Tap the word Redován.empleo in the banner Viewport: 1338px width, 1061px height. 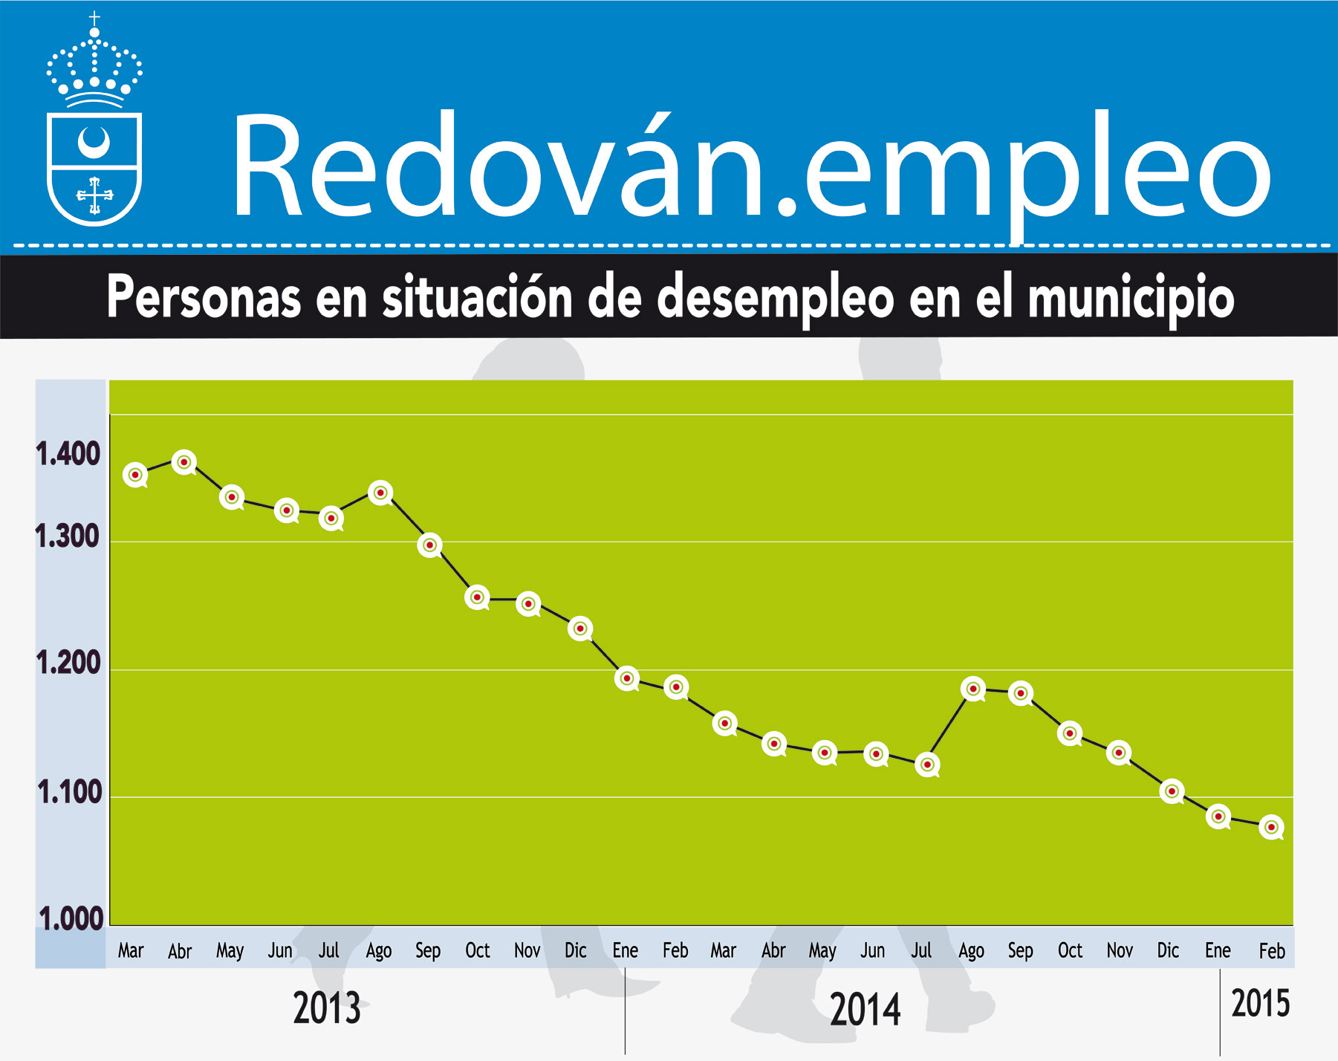(750, 167)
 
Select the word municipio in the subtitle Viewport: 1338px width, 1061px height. (1131, 296)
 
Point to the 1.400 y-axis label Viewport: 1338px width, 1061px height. (68, 453)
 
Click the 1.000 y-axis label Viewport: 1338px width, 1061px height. (71, 919)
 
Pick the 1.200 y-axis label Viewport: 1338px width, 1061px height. (68, 663)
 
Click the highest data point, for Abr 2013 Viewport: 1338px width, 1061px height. (184, 462)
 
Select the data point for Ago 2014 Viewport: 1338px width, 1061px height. (973, 689)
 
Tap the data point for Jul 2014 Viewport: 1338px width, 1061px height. (927, 764)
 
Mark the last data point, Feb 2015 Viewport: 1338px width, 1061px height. (1271, 827)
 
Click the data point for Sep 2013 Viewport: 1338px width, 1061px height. (429, 545)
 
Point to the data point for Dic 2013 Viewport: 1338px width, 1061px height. (580, 629)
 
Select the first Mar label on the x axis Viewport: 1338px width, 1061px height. (131, 950)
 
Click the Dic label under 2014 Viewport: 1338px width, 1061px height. (1168, 950)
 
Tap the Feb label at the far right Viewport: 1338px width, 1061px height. (1272, 950)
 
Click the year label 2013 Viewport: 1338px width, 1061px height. (327, 1008)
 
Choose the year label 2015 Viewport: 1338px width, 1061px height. (1261, 1004)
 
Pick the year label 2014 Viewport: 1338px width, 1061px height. (866, 1010)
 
